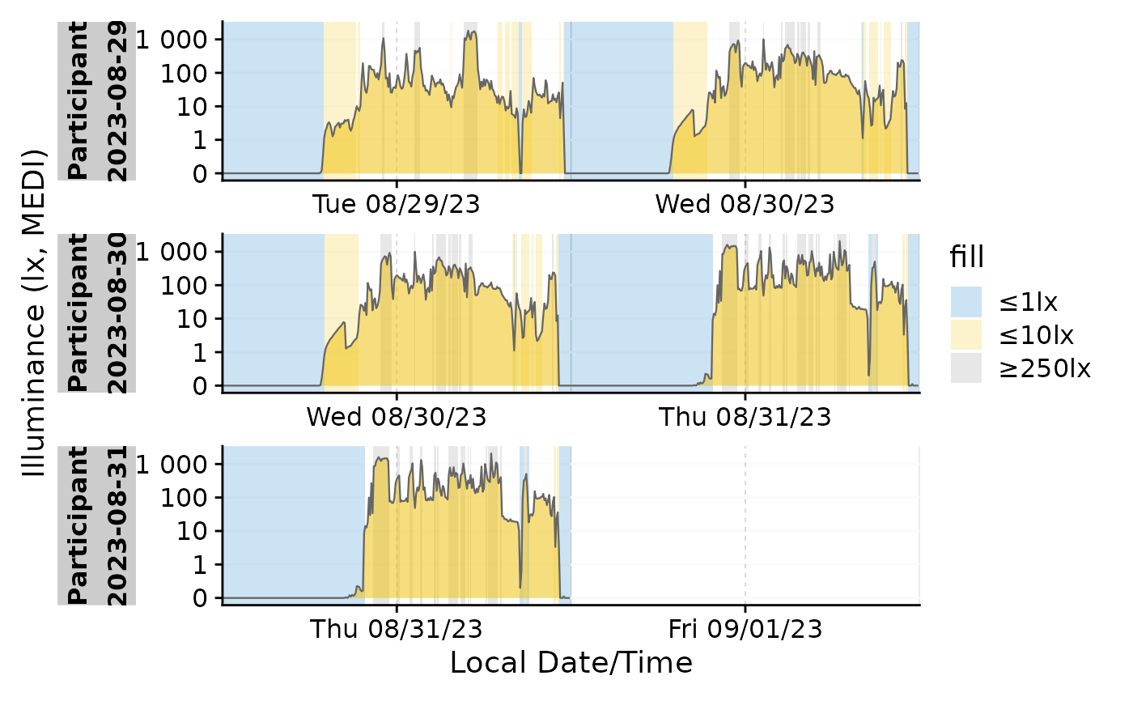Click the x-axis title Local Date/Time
click(571, 663)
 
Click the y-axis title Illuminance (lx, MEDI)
click(34, 312)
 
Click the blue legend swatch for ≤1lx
click(966, 302)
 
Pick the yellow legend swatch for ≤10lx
click(966, 335)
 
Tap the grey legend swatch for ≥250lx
click(966, 367)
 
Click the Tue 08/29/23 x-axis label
click(397, 204)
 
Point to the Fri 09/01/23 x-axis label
click(745, 629)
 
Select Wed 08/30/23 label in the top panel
click(745, 204)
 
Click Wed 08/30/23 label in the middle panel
click(397, 417)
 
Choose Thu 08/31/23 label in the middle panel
click(745, 417)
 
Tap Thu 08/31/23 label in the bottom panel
click(397, 629)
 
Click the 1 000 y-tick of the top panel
click(172, 40)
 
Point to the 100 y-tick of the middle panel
click(185, 286)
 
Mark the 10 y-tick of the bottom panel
click(193, 532)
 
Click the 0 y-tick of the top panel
click(201, 174)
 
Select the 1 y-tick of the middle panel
click(201, 353)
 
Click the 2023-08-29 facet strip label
click(117, 101)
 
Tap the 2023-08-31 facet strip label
click(117, 525)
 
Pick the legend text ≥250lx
click(1045, 368)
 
